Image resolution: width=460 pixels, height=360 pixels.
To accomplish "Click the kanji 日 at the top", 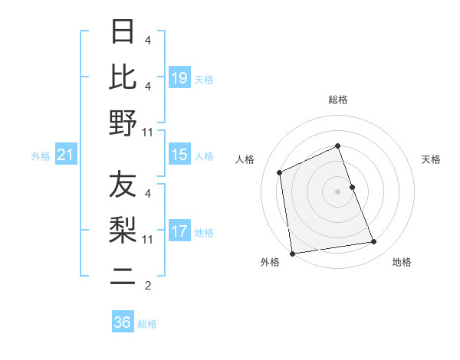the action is coord(123,32).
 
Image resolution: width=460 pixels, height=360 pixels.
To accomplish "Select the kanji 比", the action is coord(123,77).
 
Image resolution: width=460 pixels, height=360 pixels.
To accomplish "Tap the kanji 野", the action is coord(123,123).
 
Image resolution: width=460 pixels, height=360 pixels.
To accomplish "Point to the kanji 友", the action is coord(123,185).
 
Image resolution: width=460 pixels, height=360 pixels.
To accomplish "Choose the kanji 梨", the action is coord(123,229).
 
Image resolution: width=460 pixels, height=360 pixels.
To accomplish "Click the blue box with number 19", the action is coord(179,77).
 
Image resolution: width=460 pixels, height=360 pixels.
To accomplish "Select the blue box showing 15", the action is coord(179,155).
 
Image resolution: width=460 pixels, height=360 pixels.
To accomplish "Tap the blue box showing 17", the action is coord(179,231).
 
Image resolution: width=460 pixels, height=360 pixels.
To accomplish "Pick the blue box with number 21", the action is coord(66,155).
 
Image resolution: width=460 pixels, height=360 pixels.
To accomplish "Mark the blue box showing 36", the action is coord(123,322).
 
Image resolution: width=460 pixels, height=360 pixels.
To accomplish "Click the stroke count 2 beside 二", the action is coord(148,286).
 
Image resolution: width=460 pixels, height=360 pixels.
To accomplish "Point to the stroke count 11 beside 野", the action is coord(148,132).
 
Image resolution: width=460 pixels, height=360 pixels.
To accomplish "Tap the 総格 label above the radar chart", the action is coord(337,100).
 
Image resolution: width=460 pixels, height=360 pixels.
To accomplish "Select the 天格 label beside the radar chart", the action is coord(431,159).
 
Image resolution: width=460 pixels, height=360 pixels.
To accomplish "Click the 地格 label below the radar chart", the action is coord(402,262).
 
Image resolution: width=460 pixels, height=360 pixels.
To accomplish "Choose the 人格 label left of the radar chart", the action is coord(245,159).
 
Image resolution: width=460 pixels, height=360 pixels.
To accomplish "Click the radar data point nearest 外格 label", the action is coord(292,254).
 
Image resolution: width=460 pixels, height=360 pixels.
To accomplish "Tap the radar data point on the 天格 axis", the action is coord(352,186).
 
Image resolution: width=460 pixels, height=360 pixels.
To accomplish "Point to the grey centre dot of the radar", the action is coord(337,191).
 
